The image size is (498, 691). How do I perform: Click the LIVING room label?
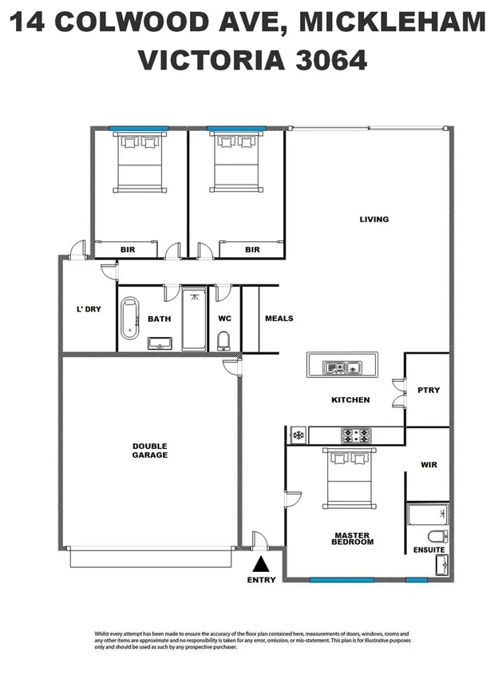click(x=373, y=220)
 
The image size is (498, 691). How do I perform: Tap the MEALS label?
click(x=279, y=319)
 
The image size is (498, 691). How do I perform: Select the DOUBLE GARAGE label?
click(x=150, y=451)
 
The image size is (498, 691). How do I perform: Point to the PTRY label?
click(x=429, y=391)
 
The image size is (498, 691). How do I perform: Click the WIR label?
click(x=429, y=464)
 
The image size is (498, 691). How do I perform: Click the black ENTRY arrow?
click(x=261, y=564)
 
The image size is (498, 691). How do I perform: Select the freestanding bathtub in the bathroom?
click(x=129, y=318)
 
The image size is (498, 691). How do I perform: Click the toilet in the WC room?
click(x=224, y=340)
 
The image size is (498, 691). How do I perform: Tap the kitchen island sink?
click(x=342, y=368)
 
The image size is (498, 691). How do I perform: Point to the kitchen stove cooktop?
click(x=356, y=435)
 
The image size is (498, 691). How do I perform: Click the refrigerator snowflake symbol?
click(x=298, y=435)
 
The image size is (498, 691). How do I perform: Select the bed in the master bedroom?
click(x=348, y=478)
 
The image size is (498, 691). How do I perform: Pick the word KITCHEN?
click(x=350, y=400)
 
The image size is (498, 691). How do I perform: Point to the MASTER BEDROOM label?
click(x=353, y=539)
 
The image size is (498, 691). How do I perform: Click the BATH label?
click(x=160, y=320)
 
